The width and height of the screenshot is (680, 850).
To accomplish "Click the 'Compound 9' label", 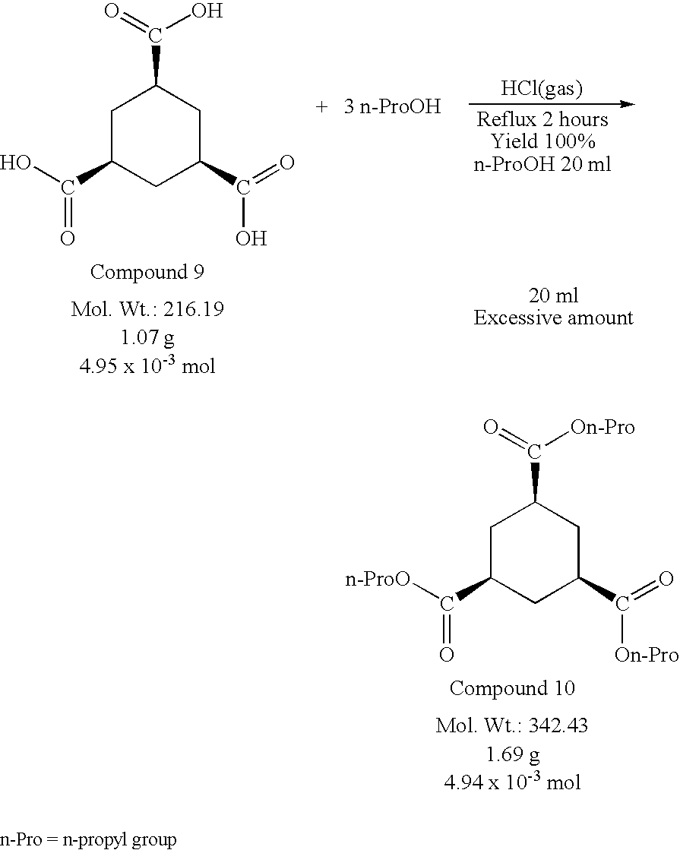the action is point(147,272).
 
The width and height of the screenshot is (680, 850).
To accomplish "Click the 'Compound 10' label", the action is point(512,688).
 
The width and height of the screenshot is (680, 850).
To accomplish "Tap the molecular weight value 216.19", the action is point(194,309).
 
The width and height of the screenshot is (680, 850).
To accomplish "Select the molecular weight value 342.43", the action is point(558,725).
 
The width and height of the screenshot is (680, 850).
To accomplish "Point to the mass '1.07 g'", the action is point(147,338).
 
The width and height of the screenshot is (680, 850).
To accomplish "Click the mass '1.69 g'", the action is point(512,754).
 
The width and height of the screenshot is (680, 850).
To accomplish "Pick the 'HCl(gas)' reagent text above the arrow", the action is point(542,88).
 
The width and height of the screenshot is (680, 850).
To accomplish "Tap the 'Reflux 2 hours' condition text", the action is point(542,119).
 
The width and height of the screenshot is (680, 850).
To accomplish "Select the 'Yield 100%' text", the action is point(543,141).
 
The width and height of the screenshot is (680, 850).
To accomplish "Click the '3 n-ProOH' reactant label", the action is point(392,106).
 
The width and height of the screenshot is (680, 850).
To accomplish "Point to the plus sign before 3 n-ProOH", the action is point(321,107).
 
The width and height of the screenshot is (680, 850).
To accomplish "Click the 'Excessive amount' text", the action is point(554,317).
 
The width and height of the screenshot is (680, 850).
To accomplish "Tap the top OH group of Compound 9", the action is point(207,11).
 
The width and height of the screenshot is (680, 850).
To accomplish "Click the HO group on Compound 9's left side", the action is point(16,163).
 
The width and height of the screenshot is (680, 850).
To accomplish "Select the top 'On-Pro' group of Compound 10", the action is point(603,427).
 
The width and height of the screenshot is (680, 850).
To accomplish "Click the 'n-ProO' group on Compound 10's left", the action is point(378,580).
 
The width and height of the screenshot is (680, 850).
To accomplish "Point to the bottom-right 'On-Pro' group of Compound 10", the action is point(647,655).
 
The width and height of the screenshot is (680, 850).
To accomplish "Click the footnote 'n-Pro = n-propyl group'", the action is point(88,839).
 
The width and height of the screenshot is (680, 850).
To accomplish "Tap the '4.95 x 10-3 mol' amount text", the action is point(147,366).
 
